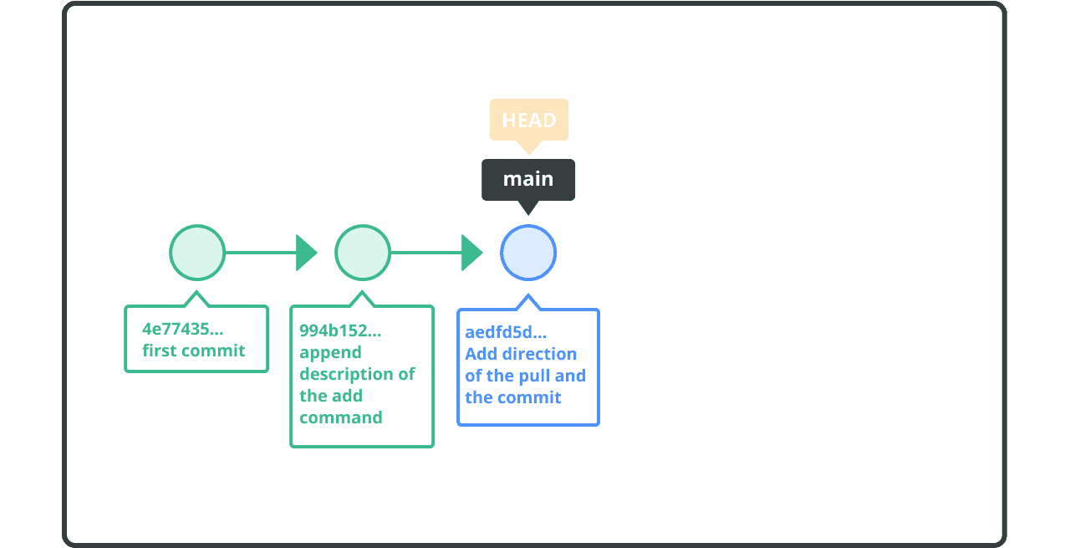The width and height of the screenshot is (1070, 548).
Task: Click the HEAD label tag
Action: pyautogui.click(x=528, y=120)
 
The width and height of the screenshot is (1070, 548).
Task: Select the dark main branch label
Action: pyautogui.click(x=528, y=179)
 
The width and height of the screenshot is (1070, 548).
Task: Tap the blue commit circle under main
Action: pyautogui.click(x=528, y=253)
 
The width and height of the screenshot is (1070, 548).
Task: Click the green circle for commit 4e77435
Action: pyautogui.click(x=197, y=253)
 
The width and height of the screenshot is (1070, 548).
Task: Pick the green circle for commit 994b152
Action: pyautogui.click(x=363, y=253)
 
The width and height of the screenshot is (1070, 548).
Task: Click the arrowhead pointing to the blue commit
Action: pyautogui.click(x=471, y=253)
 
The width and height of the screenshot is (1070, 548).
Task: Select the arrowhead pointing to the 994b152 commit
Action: pyautogui.click(x=306, y=253)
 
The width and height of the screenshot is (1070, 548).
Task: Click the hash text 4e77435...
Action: pyautogui.click(x=182, y=329)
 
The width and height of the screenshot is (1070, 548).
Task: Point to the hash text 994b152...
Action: pyautogui.click(x=340, y=330)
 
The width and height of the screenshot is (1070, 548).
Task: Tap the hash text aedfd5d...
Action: pyautogui.click(x=506, y=332)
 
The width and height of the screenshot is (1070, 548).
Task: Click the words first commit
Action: pyautogui.click(x=194, y=351)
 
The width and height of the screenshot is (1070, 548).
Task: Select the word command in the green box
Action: pyautogui.click(x=341, y=417)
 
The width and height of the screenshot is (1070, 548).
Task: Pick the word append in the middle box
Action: pyautogui.click(x=330, y=352)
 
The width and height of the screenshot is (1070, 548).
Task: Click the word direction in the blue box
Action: pyautogui.click(x=543, y=354)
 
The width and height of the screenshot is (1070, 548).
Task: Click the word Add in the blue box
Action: pyautogui.click(x=481, y=354)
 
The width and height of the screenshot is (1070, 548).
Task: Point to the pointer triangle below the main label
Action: pyautogui.click(x=528, y=207)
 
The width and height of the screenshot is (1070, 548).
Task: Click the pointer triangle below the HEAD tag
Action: pyautogui.click(x=528, y=147)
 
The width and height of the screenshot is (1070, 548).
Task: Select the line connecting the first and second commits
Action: pyautogui.click(x=260, y=253)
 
